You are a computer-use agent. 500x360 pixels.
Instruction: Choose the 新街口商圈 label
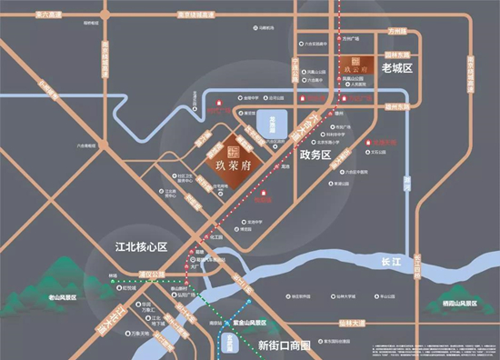coord(284,346)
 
